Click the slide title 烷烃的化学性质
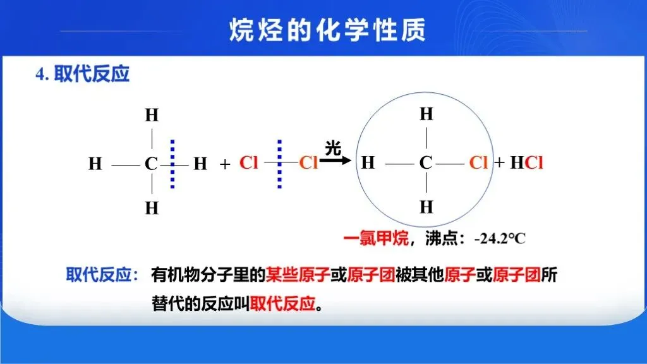pos(327,30)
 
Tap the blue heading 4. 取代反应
pos(83,75)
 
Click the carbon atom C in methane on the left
pos(150,164)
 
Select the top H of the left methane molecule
pos(152,115)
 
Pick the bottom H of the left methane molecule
pos(152,208)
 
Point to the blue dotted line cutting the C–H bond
pos(172,164)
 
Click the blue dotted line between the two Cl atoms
pos(280,164)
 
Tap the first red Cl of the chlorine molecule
pos(248,162)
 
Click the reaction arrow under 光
pos(335,160)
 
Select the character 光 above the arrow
pos(333,148)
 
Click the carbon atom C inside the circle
pos(425,162)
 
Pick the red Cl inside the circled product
pos(478,162)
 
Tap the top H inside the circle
pos(426,114)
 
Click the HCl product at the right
pos(526,162)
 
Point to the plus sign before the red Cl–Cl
pos(225,165)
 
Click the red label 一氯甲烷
pos(376,238)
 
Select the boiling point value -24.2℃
pos(500,238)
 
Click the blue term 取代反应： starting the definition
pos(102,275)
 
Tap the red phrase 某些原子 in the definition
pos(298,275)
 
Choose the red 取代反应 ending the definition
pos(282,304)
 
